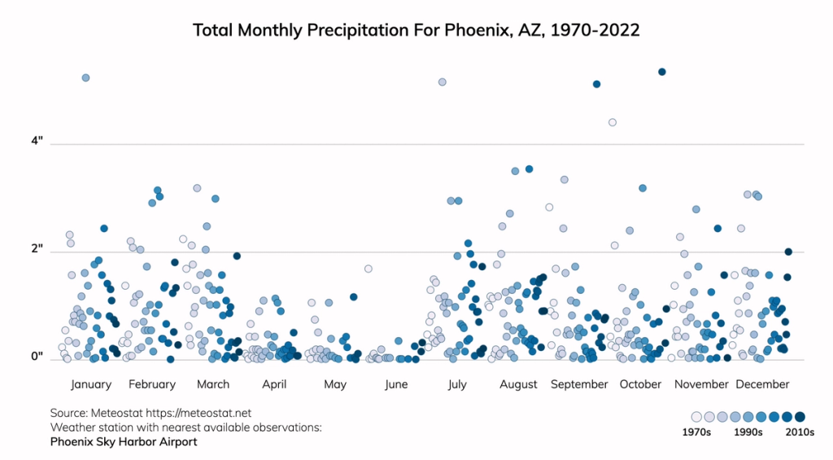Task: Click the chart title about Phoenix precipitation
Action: click(x=416, y=30)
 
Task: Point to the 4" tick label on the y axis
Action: click(x=37, y=142)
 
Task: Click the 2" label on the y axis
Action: click(x=37, y=250)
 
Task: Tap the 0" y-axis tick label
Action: click(x=37, y=357)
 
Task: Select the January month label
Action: click(x=91, y=384)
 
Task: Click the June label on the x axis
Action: click(x=396, y=384)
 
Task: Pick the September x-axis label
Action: click(x=579, y=384)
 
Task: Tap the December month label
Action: click(x=762, y=384)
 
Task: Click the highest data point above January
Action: click(x=85, y=77)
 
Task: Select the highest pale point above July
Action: click(x=442, y=82)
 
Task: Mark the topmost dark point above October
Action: click(x=662, y=72)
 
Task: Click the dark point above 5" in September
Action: click(x=596, y=84)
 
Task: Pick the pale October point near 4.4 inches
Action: click(x=613, y=122)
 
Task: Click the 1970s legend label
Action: click(x=696, y=432)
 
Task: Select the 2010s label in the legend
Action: click(x=799, y=432)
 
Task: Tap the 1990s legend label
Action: click(x=748, y=432)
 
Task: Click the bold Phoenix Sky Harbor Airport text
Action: click(x=124, y=442)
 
